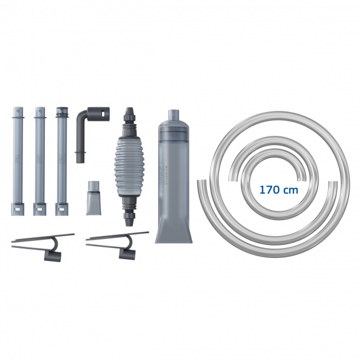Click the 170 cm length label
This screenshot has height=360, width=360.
[x=279, y=190]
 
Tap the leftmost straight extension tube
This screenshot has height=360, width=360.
[x=18, y=161]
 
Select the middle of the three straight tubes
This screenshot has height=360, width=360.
[x=40, y=161]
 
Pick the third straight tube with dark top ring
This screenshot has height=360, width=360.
[x=62, y=161]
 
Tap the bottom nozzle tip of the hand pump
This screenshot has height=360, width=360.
[x=129, y=222]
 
